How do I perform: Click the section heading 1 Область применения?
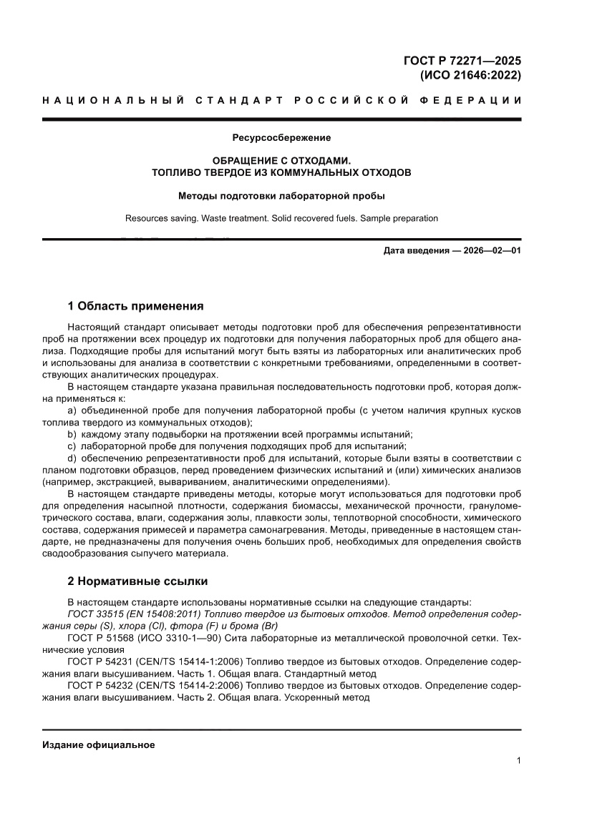point(135,306)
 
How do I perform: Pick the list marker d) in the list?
point(72,457)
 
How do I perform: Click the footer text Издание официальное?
point(99,745)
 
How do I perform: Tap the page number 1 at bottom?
point(518,761)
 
